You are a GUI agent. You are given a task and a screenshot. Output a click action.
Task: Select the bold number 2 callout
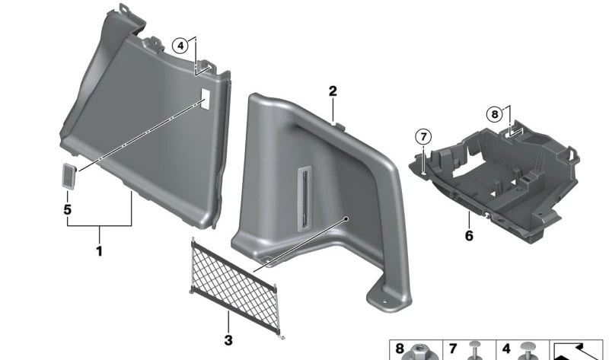tap(332, 92)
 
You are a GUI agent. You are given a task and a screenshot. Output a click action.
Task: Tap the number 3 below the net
tap(228, 339)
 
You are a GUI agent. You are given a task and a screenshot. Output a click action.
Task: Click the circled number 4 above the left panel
tap(180, 45)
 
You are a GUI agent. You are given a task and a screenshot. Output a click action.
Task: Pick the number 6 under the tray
tap(469, 237)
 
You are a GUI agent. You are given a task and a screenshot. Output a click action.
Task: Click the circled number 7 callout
tap(422, 138)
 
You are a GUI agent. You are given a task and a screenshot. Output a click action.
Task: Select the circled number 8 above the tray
tap(495, 114)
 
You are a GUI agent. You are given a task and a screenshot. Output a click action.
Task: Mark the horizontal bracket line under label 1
tap(98, 228)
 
